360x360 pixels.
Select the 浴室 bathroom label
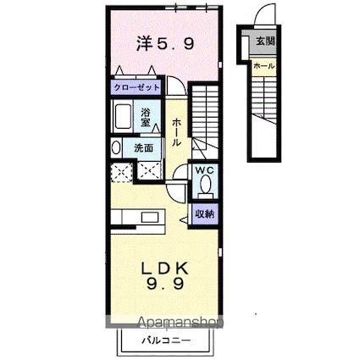146,116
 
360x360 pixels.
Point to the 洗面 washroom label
143,147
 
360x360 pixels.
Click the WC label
205,170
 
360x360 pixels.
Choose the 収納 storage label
205,213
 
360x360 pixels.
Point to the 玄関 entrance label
265,40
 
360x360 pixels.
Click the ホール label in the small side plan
263,65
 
